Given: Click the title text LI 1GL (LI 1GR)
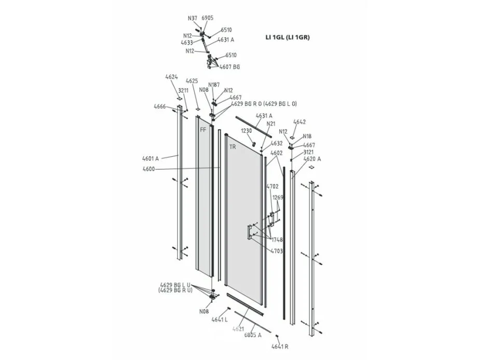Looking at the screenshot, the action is click(x=287, y=37).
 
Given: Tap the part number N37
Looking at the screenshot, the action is click(x=193, y=18).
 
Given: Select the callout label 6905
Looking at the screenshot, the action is click(x=207, y=18).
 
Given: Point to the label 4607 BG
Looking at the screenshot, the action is click(x=229, y=67).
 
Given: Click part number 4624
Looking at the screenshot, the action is click(x=171, y=77).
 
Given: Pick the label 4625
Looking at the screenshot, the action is click(x=192, y=81).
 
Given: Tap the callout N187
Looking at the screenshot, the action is click(x=214, y=85).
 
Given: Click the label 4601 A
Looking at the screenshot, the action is click(x=150, y=159).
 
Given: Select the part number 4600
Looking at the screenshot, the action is click(x=149, y=169).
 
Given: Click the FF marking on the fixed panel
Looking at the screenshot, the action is click(x=203, y=130).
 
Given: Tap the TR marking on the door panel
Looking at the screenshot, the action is click(x=232, y=147).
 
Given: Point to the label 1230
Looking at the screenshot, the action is click(x=246, y=131).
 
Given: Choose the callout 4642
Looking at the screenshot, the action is click(x=299, y=122).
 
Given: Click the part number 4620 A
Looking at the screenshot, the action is click(x=312, y=159).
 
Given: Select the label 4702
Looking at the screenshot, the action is click(x=272, y=186).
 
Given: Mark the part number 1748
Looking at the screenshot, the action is click(x=277, y=240).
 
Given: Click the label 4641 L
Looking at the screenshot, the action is click(x=220, y=320).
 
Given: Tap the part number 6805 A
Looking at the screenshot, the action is click(x=253, y=335).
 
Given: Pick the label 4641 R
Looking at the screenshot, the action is click(x=280, y=347).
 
